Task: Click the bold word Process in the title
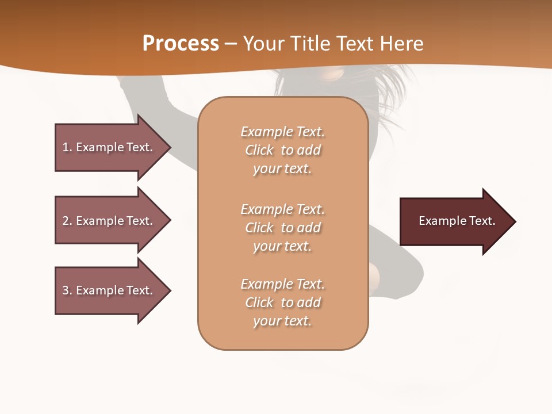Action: [181, 44]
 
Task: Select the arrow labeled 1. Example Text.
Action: [109, 147]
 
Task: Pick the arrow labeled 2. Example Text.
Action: [109, 221]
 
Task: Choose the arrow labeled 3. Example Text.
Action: [109, 290]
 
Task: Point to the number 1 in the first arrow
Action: [66, 147]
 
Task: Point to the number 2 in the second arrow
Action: [66, 221]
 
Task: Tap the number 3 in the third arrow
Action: [66, 290]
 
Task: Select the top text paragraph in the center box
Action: [282, 150]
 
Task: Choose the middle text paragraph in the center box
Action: [282, 228]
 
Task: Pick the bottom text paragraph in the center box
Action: [282, 302]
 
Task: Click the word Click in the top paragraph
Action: [259, 151]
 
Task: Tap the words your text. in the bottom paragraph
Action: [282, 321]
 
